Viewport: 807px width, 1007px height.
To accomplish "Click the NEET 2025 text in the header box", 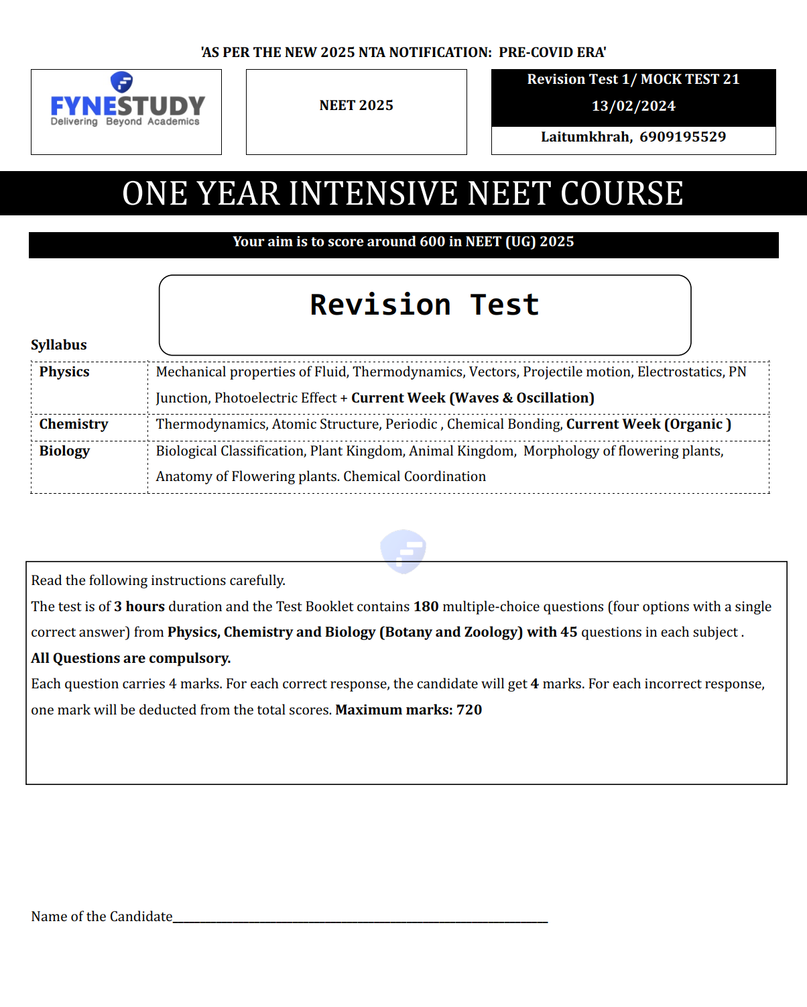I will tap(356, 105).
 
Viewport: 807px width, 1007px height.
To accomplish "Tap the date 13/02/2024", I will tap(633, 106).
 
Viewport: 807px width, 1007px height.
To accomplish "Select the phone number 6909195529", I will tap(682, 137).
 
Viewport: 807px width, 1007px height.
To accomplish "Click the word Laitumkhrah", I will tap(585, 137).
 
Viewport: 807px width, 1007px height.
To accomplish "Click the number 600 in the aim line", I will tap(432, 242).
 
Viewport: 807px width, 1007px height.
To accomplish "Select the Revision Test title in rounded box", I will tap(424, 305).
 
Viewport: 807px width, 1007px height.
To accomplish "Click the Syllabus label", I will tap(59, 345).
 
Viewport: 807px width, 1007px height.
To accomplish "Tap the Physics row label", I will tap(64, 372).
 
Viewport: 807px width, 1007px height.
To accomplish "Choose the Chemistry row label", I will tap(74, 424).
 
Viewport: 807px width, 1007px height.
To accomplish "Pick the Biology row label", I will tap(64, 451).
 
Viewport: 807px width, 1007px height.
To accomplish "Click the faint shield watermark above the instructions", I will tap(403, 551).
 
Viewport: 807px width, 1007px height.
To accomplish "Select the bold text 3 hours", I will tap(139, 606).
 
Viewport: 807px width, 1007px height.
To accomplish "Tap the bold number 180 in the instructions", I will tap(426, 606).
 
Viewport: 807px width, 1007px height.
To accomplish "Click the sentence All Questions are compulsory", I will tap(131, 658).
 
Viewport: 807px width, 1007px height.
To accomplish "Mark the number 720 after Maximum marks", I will tap(469, 710).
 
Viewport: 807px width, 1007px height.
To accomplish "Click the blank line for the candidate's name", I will tap(360, 918).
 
